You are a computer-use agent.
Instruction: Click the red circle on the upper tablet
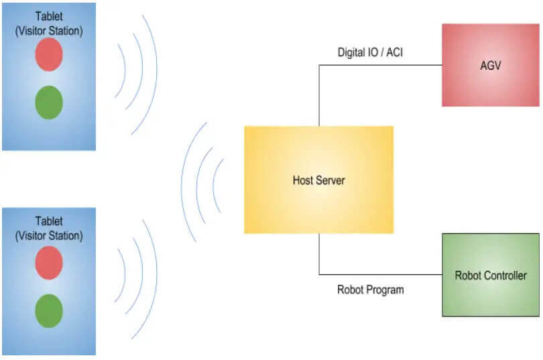49,54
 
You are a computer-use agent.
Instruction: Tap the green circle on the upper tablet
49,103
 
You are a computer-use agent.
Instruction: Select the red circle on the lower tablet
49,263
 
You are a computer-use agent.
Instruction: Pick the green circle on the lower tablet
49,311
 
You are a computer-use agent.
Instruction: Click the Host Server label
318,180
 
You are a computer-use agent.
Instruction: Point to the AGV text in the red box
490,66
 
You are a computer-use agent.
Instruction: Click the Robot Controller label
491,276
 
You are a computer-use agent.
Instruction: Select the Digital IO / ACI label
370,52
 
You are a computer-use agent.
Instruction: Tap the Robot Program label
371,290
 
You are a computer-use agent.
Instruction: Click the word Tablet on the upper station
49,16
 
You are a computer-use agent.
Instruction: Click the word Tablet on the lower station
49,221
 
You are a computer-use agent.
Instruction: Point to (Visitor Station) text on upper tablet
49,31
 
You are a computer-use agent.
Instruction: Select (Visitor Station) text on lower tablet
49,236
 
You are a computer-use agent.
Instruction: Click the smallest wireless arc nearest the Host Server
213,185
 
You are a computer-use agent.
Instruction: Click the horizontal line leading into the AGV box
381,65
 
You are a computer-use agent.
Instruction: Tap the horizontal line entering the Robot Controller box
381,274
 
